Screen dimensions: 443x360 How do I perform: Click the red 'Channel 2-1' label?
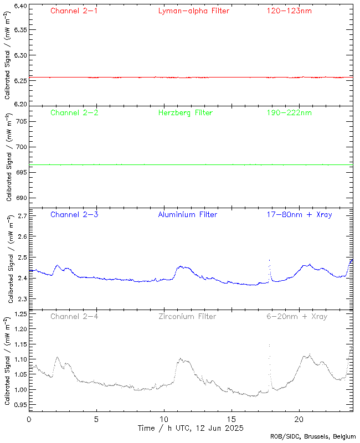74,11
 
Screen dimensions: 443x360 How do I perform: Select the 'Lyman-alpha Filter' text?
193,11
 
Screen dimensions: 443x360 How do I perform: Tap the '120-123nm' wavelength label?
289,11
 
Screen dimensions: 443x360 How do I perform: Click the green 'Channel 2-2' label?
74,112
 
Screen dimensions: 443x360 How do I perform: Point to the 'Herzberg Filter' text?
185,112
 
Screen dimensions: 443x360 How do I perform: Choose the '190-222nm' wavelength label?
289,112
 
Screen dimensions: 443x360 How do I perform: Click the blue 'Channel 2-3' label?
74,214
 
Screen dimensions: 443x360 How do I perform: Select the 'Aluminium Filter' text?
188,214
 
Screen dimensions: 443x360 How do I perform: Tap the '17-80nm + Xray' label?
299,214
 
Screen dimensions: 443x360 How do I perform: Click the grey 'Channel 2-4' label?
74,316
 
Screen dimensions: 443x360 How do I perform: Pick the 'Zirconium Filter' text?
187,316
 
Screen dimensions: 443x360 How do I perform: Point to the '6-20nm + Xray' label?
296,316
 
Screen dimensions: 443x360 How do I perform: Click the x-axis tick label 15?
232,420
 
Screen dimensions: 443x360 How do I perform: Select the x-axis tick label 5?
96,420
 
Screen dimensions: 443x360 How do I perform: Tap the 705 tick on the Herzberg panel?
20,121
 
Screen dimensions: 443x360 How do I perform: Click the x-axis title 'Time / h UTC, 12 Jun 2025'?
191,428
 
